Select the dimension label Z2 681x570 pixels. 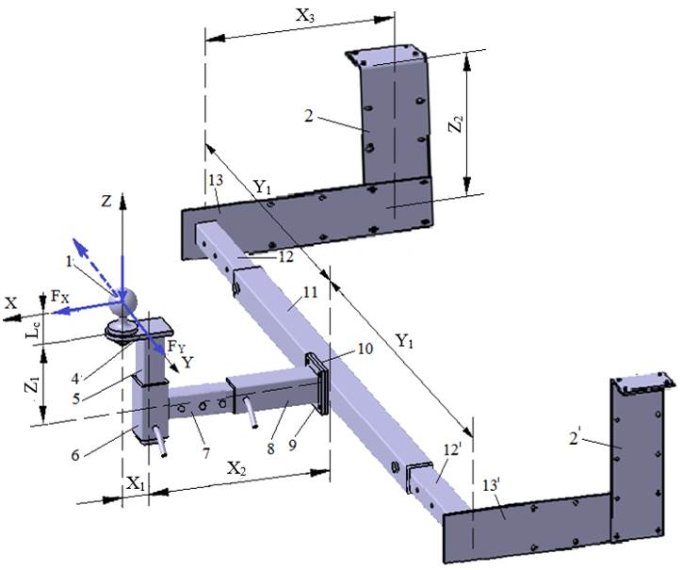point(456,123)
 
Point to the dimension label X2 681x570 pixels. point(235,469)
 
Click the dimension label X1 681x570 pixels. point(135,483)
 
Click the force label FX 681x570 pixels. point(60,297)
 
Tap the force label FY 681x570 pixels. point(176,347)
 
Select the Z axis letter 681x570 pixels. point(106,201)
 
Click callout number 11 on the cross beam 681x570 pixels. point(311,292)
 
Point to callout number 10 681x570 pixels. point(365,349)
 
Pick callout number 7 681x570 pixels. point(205,453)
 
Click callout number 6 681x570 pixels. point(75,455)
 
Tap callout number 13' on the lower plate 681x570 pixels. point(492,485)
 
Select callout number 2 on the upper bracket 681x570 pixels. point(308,116)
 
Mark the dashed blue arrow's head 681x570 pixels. point(77,243)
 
